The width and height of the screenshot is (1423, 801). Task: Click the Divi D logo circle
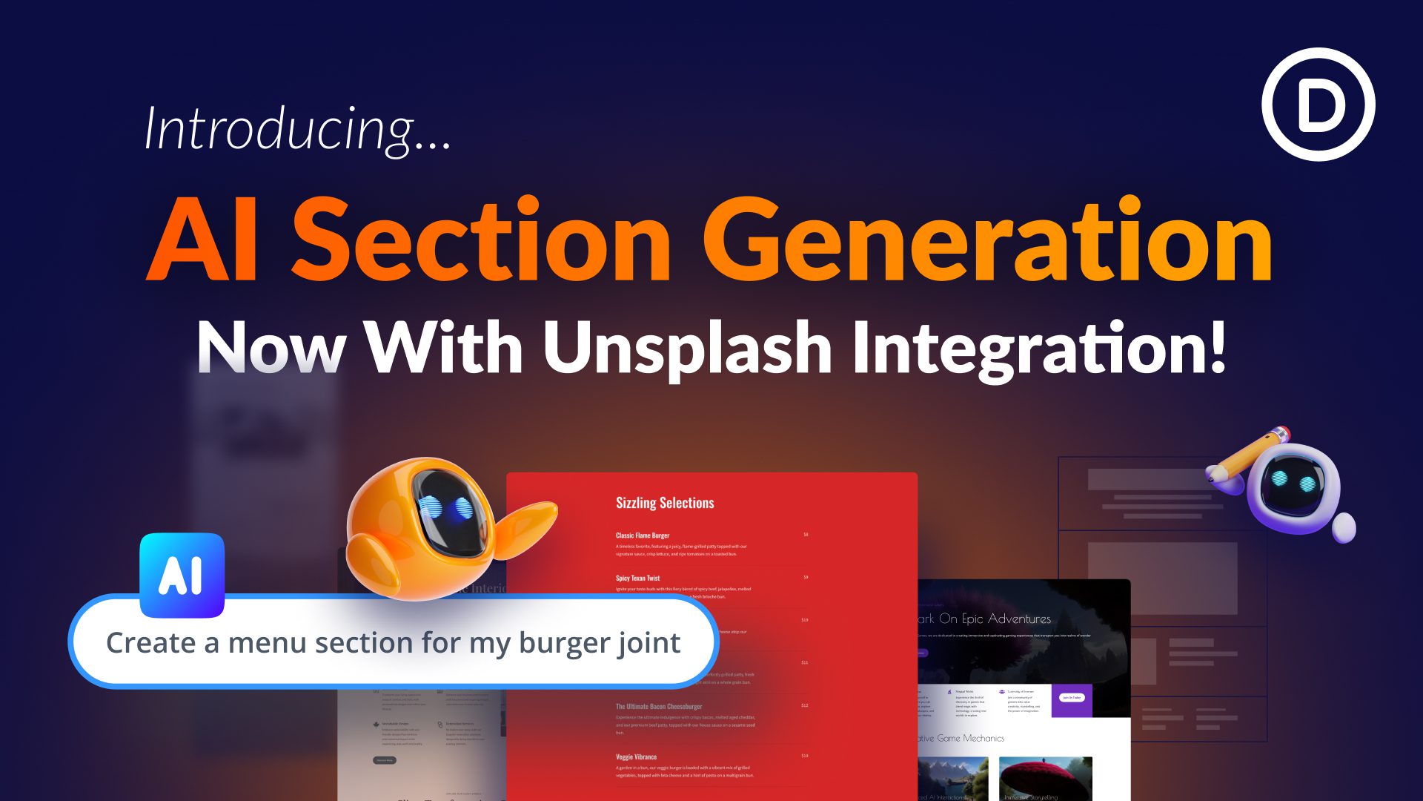coord(1318,105)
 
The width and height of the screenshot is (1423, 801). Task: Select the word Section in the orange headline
coord(482,241)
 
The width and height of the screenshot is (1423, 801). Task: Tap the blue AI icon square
coord(182,575)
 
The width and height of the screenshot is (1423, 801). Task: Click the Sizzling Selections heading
coord(665,503)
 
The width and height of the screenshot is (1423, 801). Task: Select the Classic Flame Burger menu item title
coord(642,535)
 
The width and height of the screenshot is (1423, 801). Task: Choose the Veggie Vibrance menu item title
coord(636,757)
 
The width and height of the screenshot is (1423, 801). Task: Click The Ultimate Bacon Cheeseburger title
coord(658,707)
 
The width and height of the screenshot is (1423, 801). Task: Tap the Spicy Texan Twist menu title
coord(637,578)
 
